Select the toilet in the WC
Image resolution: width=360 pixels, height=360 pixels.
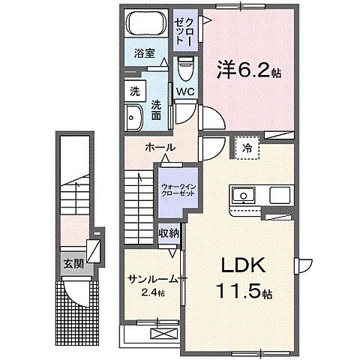click(186, 69)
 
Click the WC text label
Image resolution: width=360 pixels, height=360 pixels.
click(186, 92)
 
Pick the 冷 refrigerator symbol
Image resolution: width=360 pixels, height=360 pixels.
click(247, 148)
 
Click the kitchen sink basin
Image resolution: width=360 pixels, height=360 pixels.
click(244, 196)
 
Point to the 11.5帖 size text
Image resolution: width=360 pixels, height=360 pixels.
click(243, 289)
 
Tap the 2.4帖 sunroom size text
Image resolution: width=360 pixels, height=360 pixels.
click(153, 292)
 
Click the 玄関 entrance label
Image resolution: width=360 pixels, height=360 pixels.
click(73, 262)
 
